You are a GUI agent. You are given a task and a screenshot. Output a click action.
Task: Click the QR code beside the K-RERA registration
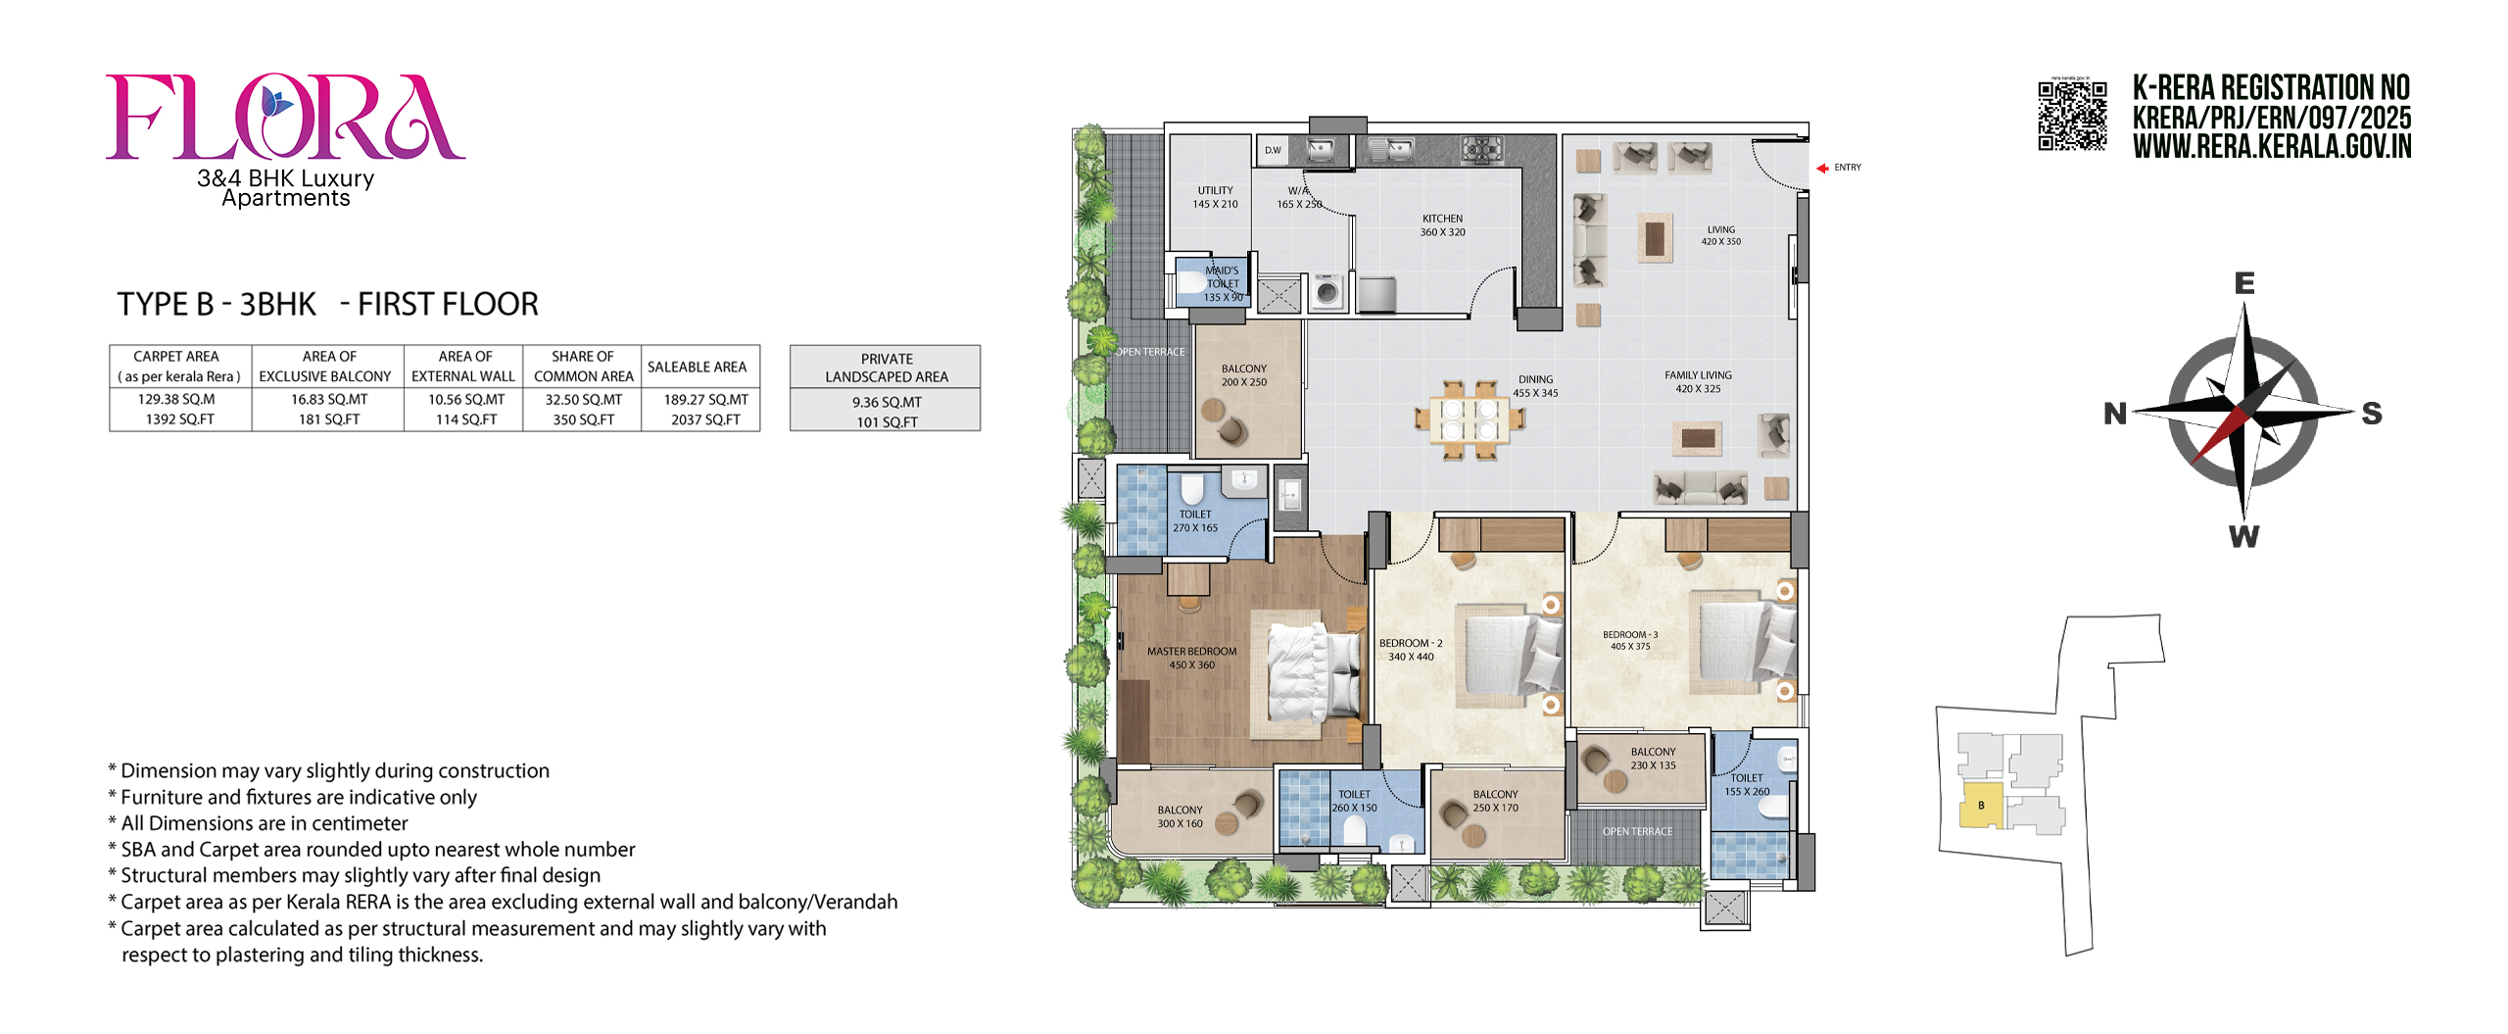point(2072,116)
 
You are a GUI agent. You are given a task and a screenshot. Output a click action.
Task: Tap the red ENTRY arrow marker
point(1822,169)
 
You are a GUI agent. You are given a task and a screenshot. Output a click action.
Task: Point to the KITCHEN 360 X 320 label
point(1442,225)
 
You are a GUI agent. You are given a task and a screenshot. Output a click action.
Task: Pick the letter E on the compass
point(2243,283)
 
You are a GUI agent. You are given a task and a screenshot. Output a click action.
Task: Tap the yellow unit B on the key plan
point(1980,806)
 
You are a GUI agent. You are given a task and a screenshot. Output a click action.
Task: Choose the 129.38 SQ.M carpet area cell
point(176,399)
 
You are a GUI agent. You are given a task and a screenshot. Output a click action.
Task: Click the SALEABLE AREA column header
point(697,367)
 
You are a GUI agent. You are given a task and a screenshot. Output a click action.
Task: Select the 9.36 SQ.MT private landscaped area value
point(887,402)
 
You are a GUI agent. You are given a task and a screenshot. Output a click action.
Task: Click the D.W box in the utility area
point(1273,150)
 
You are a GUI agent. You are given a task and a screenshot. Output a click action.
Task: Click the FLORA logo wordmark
point(284,117)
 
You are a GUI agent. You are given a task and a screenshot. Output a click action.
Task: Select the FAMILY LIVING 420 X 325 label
point(1698,382)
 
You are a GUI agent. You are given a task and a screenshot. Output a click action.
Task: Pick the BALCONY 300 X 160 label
point(1180,816)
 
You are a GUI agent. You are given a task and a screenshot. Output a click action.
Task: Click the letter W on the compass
point(2243,536)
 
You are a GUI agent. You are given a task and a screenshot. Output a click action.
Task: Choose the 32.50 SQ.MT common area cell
point(583,399)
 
